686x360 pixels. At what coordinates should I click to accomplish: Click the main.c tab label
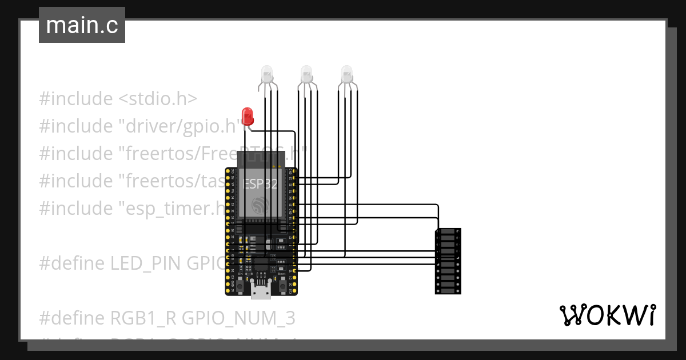(x=82, y=26)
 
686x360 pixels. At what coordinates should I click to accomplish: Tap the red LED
(x=248, y=115)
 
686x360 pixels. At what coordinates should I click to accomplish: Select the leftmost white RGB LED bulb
(x=267, y=74)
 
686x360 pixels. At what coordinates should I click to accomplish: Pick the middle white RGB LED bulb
(x=307, y=74)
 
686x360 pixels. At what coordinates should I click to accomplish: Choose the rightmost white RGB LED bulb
(x=347, y=74)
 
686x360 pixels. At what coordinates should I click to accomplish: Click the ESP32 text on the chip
(x=261, y=184)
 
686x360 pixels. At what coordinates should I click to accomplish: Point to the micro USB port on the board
(x=261, y=292)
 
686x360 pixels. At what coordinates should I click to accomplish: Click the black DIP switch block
(x=448, y=261)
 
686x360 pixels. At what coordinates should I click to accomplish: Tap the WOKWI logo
(x=607, y=315)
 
